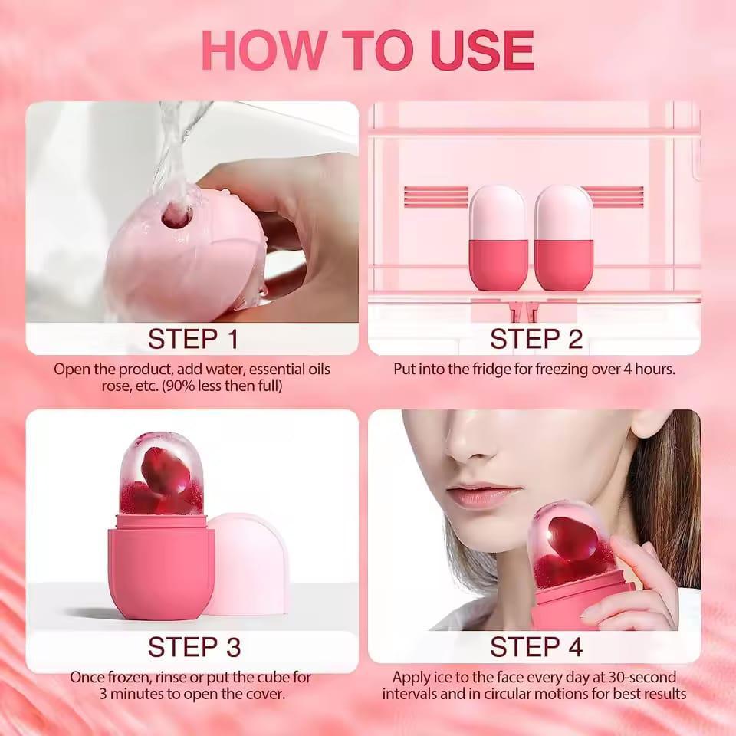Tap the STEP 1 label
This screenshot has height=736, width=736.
pyautogui.click(x=192, y=338)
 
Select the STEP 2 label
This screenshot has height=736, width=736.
pyautogui.click(x=536, y=338)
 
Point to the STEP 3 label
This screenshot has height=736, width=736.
pyautogui.click(x=194, y=646)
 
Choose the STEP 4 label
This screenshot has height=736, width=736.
pyautogui.click(x=536, y=646)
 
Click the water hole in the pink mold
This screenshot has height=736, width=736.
pyautogui.click(x=176, y=216)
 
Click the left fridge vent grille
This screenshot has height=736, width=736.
pyautogui.click(x=435, y=197)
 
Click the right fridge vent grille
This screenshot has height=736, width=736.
pyautogui.click(x=613, y=197)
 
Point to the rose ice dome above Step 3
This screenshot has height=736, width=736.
pyautogui.click(x=162, y=474)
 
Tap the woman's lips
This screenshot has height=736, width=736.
pyautogui.click(x=473, y=495)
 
